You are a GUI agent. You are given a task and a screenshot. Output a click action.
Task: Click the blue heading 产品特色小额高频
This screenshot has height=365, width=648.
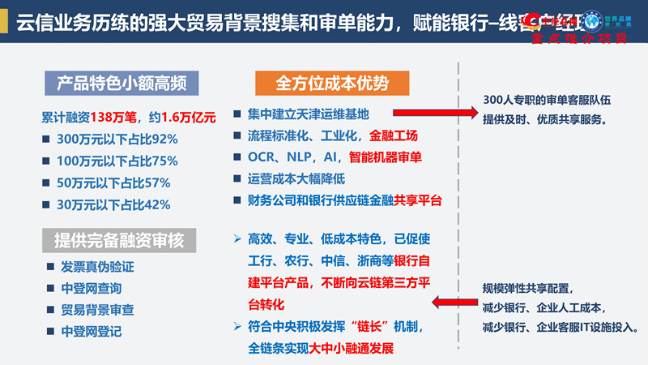tap(122, 84)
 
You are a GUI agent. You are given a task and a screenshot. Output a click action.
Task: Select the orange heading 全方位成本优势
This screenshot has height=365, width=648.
tap(332, 84)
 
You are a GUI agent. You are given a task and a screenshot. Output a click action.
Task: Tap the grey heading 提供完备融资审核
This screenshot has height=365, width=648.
tap(122, 239)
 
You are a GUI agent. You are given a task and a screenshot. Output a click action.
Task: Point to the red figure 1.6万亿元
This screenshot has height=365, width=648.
tap(189, 117)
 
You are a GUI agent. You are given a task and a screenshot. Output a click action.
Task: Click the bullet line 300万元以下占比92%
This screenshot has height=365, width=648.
tap(117, 139)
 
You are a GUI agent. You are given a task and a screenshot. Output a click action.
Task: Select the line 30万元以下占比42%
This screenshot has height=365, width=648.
tap(113, 204)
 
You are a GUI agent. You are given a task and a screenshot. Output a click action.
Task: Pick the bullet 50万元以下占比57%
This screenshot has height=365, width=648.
tap(113, 182)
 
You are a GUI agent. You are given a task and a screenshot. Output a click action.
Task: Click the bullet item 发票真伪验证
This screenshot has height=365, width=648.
tap(98, 266)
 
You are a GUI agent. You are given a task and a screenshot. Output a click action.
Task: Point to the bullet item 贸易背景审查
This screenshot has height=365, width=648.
tap(98, 310)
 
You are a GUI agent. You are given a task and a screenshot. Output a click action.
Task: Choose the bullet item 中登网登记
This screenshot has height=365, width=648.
tap(92, 332)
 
